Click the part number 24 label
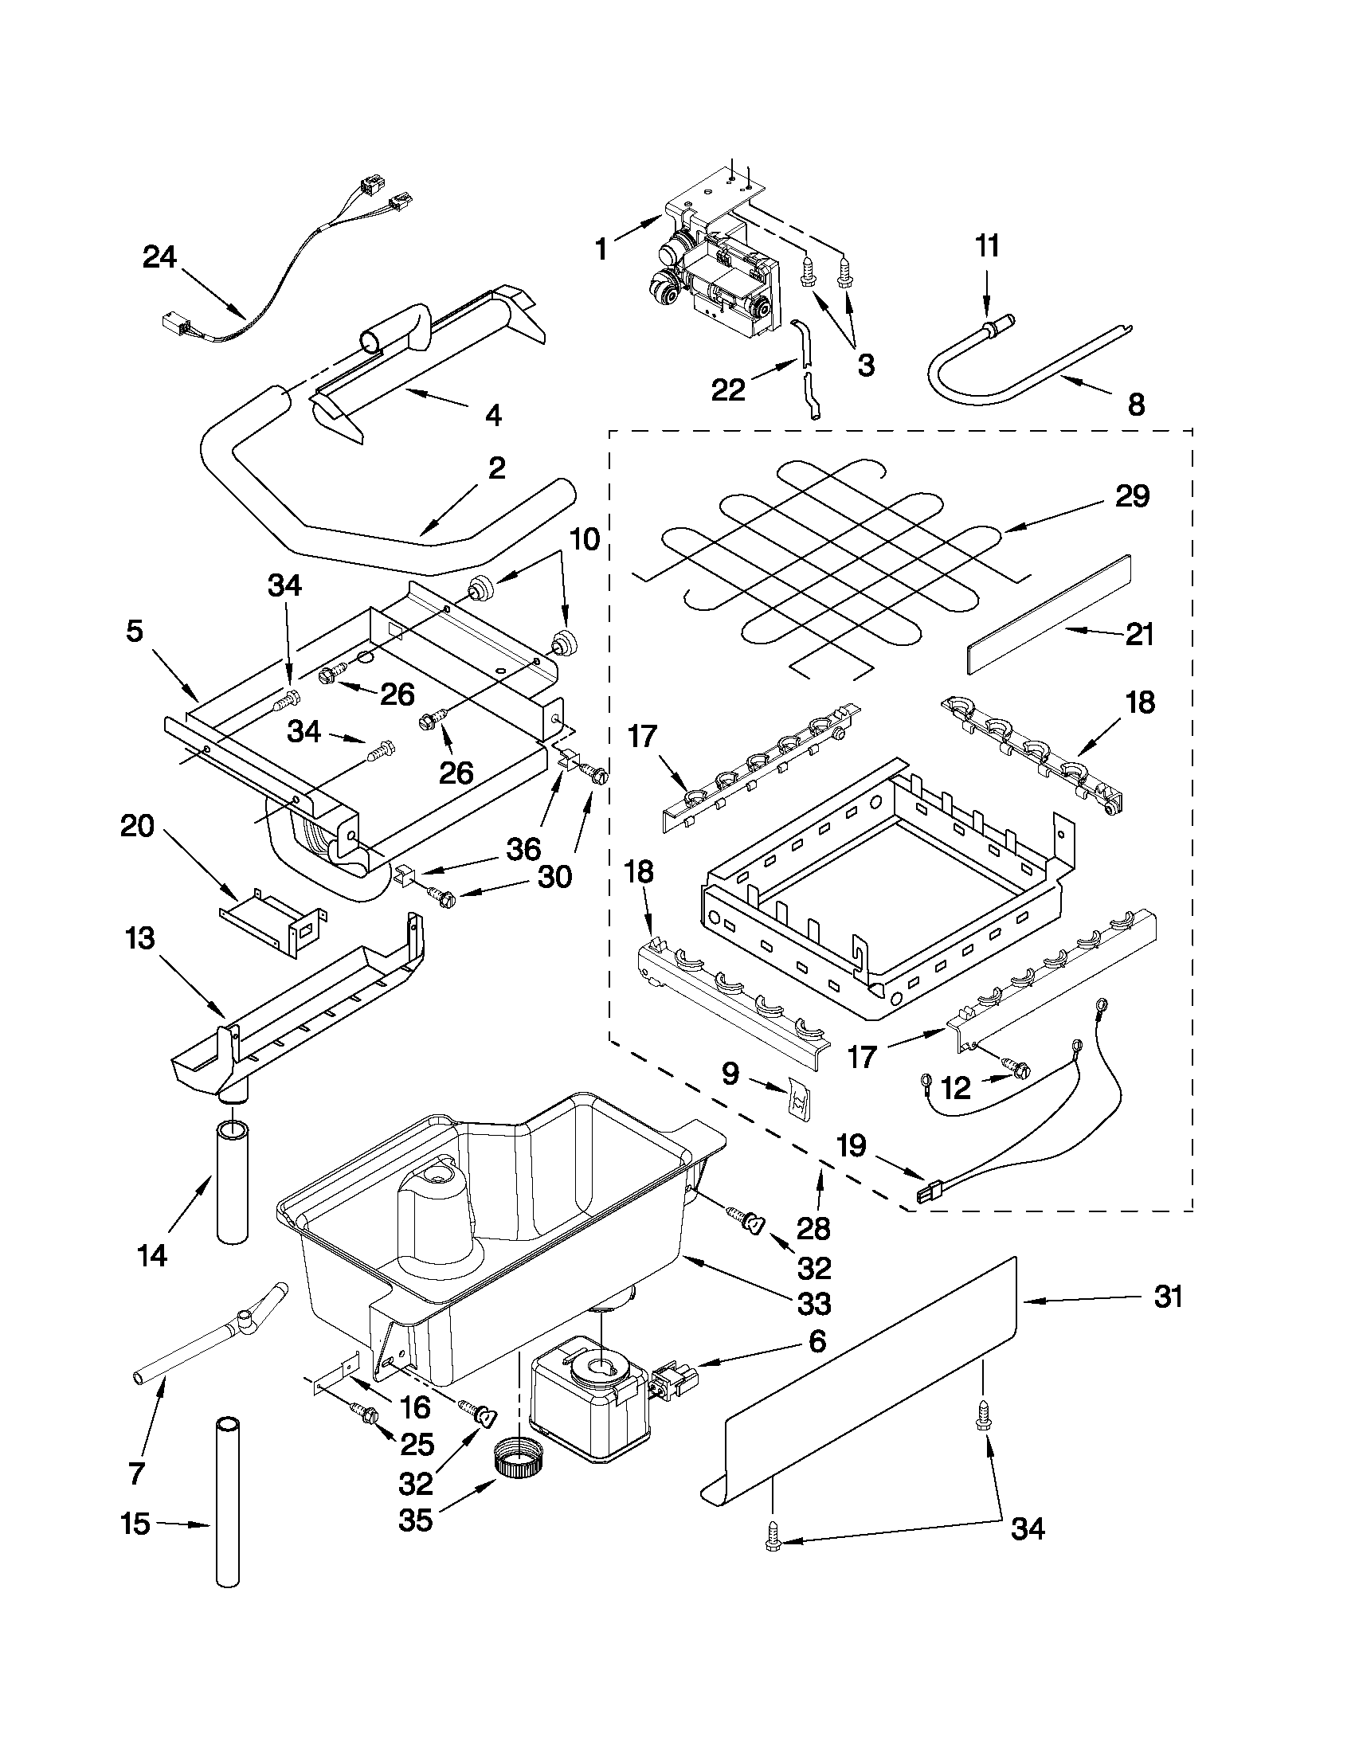(159, 259)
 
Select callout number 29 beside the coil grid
(1132, 496)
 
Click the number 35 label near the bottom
(416, 1520)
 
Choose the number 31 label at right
(1168, 1297)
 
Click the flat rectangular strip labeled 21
(1048, 612)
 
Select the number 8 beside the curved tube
(1136, 405)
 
